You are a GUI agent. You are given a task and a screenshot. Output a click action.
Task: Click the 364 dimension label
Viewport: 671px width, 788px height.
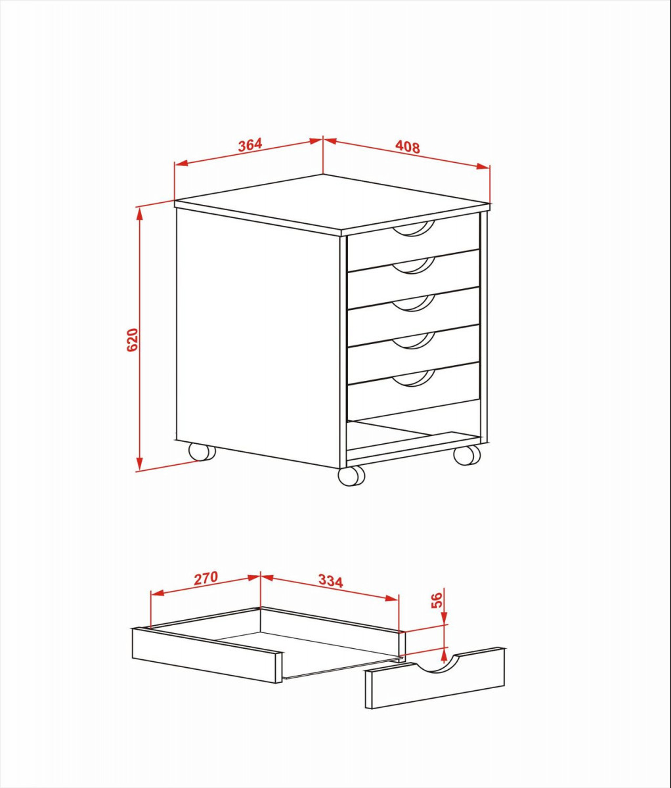point(250,145)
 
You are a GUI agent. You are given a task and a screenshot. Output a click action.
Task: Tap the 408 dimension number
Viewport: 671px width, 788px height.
point(408,147)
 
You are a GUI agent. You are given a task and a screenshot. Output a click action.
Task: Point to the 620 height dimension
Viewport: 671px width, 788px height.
point(132,339)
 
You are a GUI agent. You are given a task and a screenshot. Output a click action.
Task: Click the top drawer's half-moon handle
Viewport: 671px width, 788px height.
point(414,229)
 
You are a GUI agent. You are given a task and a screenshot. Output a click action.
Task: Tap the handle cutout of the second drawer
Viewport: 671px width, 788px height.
point(414,265)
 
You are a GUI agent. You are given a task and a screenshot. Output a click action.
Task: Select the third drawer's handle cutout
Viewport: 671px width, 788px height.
point(414,303)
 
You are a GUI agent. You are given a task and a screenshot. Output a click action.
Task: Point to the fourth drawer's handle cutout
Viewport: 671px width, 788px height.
point(414,340)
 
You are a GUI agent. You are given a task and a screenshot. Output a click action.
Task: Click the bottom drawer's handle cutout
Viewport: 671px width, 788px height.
point(414,378)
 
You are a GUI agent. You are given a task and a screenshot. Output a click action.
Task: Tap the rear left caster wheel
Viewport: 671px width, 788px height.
point(202,452)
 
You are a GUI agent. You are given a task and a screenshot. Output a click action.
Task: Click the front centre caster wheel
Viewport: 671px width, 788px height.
point(351,476)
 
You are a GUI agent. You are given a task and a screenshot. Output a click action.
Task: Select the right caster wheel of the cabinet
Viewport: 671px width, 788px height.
point(467,455)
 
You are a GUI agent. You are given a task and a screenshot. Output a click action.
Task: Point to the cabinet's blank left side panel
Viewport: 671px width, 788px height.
point(258,338)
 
